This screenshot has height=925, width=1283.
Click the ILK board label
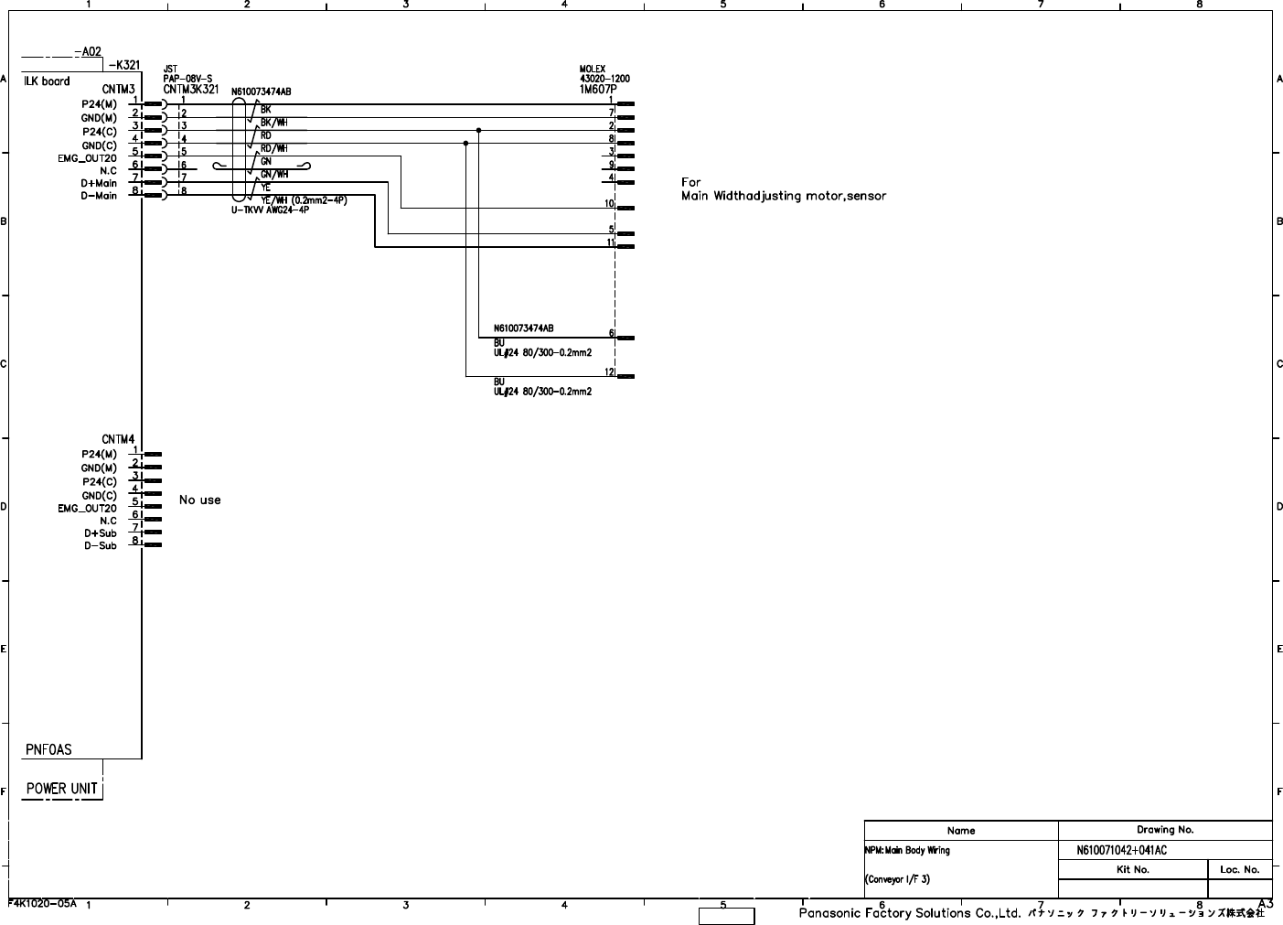click(47, 81)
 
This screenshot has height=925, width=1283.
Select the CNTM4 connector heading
click(119, 440)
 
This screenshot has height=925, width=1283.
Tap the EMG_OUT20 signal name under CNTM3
click(87, 158)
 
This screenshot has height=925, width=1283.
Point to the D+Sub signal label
click(101, 533)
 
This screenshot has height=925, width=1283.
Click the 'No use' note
click(199, 500)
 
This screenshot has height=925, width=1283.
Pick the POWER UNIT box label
click(61, 789)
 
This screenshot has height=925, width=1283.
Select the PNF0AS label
click(48, 750)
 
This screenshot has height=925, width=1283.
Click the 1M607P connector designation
click(598, 90)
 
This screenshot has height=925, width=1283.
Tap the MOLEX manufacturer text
click(593, 70)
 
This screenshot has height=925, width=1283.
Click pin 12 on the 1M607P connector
click(609, 371)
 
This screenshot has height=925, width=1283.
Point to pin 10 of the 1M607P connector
click(609, 203)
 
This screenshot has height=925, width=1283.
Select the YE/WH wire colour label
click(304, 200)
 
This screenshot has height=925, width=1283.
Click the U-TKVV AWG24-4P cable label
click(270, 210)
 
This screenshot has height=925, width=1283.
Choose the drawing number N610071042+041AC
click(1121, 851)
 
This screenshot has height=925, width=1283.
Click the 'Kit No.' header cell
click(1133, 870)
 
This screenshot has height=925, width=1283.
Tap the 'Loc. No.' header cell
click(1240, 870)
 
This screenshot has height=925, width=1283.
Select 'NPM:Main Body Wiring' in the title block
click(908, 851)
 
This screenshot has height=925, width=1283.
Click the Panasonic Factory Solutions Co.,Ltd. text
click(909, 913)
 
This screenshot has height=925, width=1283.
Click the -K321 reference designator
click(124, 66)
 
